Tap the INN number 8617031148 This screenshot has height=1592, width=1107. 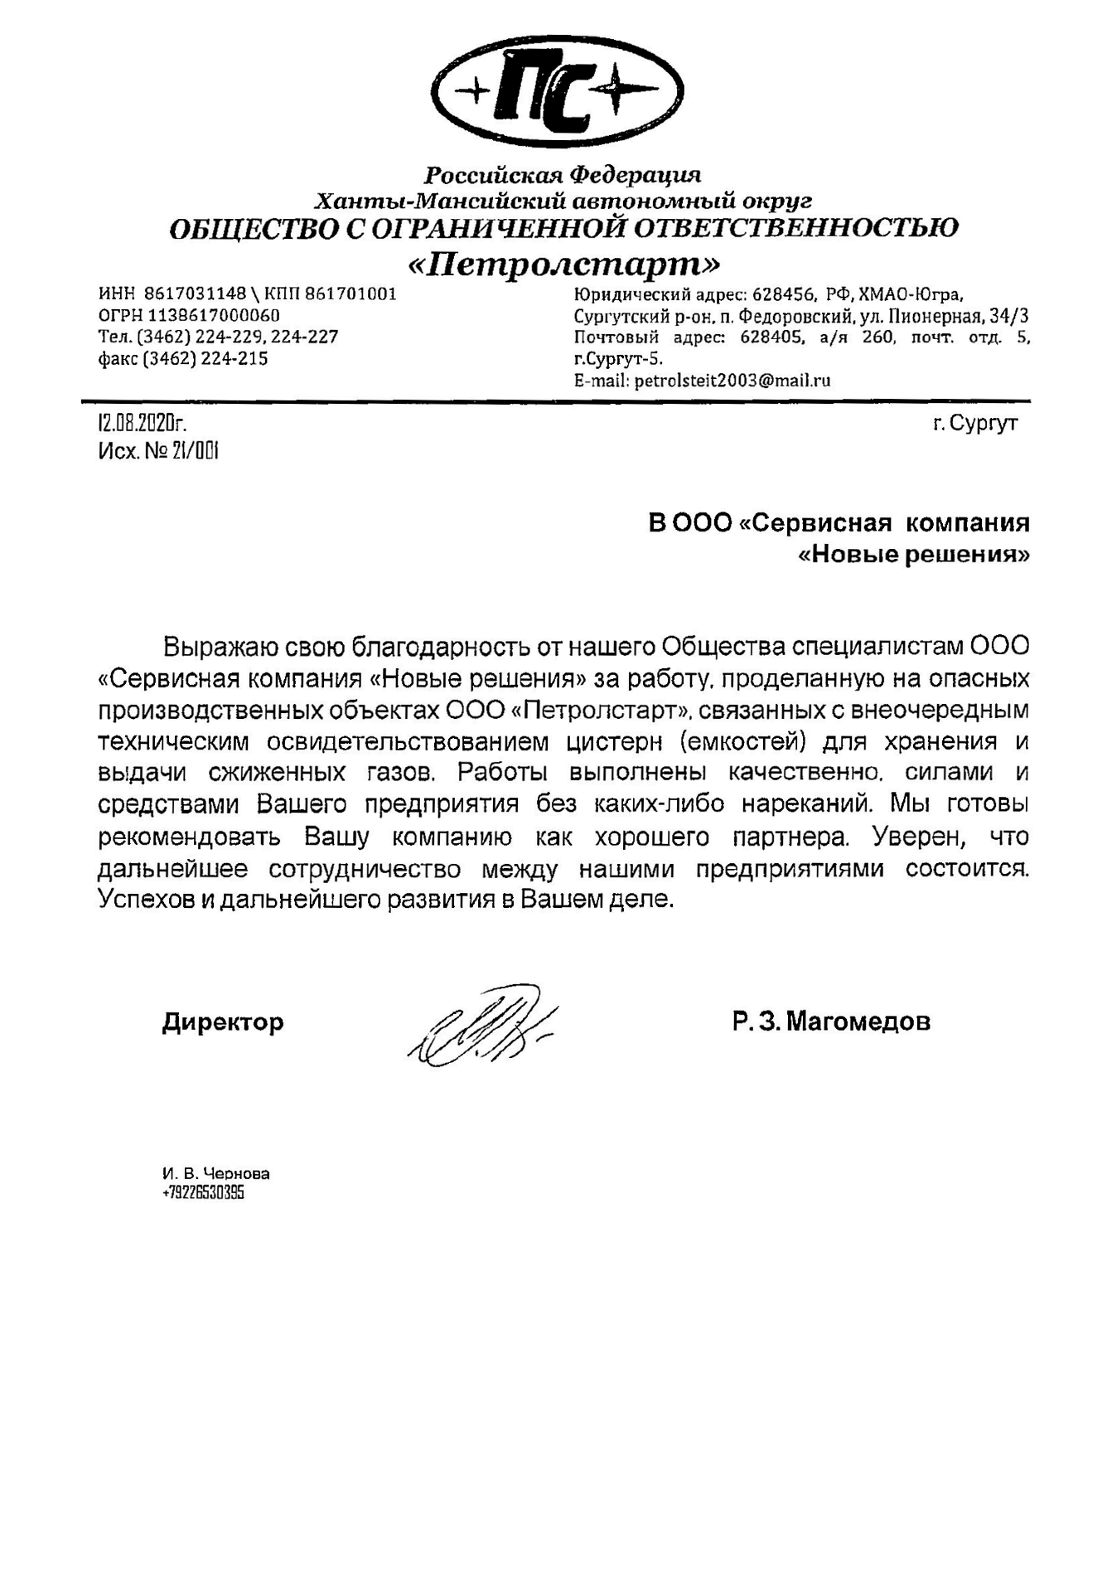coord(196,294)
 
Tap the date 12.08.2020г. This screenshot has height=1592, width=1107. coord(142,424)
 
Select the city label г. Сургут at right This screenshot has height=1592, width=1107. coord(974,424)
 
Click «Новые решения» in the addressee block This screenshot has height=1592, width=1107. coord(914,554)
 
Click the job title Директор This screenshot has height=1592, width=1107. coord(223,1021)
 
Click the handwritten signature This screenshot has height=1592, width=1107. coord(481,1024)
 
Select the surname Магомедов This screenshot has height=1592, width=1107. coord(858,1021)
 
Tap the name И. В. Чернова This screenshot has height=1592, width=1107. coord(215,1173)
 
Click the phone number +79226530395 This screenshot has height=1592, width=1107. coord(203,1193)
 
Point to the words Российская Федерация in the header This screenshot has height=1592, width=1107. coord(563,176)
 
